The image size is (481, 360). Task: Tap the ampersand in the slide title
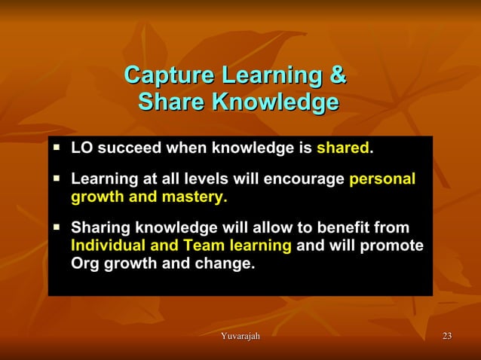[x=337, y=76]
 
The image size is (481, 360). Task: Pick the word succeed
[x=125, y=148]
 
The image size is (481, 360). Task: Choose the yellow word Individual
[x=109, y=246]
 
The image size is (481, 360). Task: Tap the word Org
[x=84, y=264]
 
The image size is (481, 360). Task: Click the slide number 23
[x=446, y=335]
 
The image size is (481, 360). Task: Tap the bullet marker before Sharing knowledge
[x=57, y=227]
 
